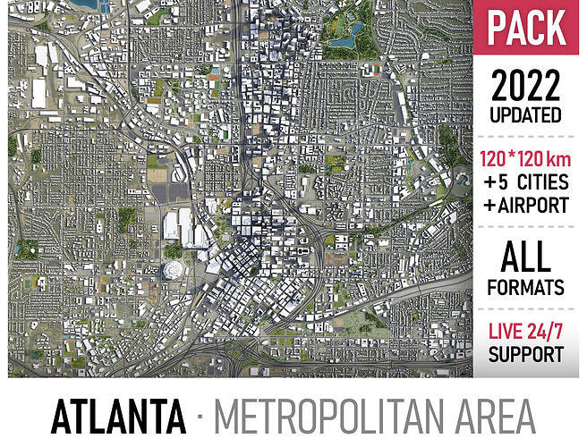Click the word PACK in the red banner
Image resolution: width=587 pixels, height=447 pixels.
525,29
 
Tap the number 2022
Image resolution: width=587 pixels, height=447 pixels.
526,86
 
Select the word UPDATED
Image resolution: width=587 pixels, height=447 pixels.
526,116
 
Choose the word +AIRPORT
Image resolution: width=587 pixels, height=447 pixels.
526,205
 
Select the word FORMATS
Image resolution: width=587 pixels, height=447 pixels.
526,287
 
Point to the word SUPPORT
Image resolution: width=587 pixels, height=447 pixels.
526,353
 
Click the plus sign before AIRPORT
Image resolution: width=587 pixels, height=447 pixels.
489,205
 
